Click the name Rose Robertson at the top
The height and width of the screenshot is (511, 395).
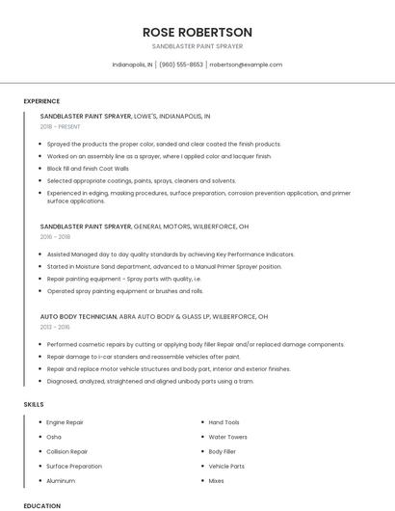point(197,32)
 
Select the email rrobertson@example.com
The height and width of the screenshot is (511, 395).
point(246,65)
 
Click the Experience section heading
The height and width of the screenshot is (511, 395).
point(41,101)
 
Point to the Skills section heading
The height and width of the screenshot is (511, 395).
point(34,404)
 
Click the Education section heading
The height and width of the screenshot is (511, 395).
point(41,505)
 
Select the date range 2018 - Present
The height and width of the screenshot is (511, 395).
point(61,126)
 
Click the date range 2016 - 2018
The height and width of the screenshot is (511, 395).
point(55,236)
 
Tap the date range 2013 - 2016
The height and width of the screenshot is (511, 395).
point(55,327)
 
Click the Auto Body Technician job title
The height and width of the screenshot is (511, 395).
point(78,316)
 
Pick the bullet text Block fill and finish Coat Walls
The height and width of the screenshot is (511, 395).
point(88,168)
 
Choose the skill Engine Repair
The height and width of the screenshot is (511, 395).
point(65,422)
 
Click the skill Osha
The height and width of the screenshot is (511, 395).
point(54,437)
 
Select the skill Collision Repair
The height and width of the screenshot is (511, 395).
point(67,451)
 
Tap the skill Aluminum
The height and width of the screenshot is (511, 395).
point(61,480)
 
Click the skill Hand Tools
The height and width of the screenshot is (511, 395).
point(224,422)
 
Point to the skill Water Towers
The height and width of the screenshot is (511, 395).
point(228,437)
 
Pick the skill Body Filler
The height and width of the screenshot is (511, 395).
point(223,451)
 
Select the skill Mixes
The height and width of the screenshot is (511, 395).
point(217,480)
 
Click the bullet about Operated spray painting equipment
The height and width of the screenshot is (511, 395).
point(125,290)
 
